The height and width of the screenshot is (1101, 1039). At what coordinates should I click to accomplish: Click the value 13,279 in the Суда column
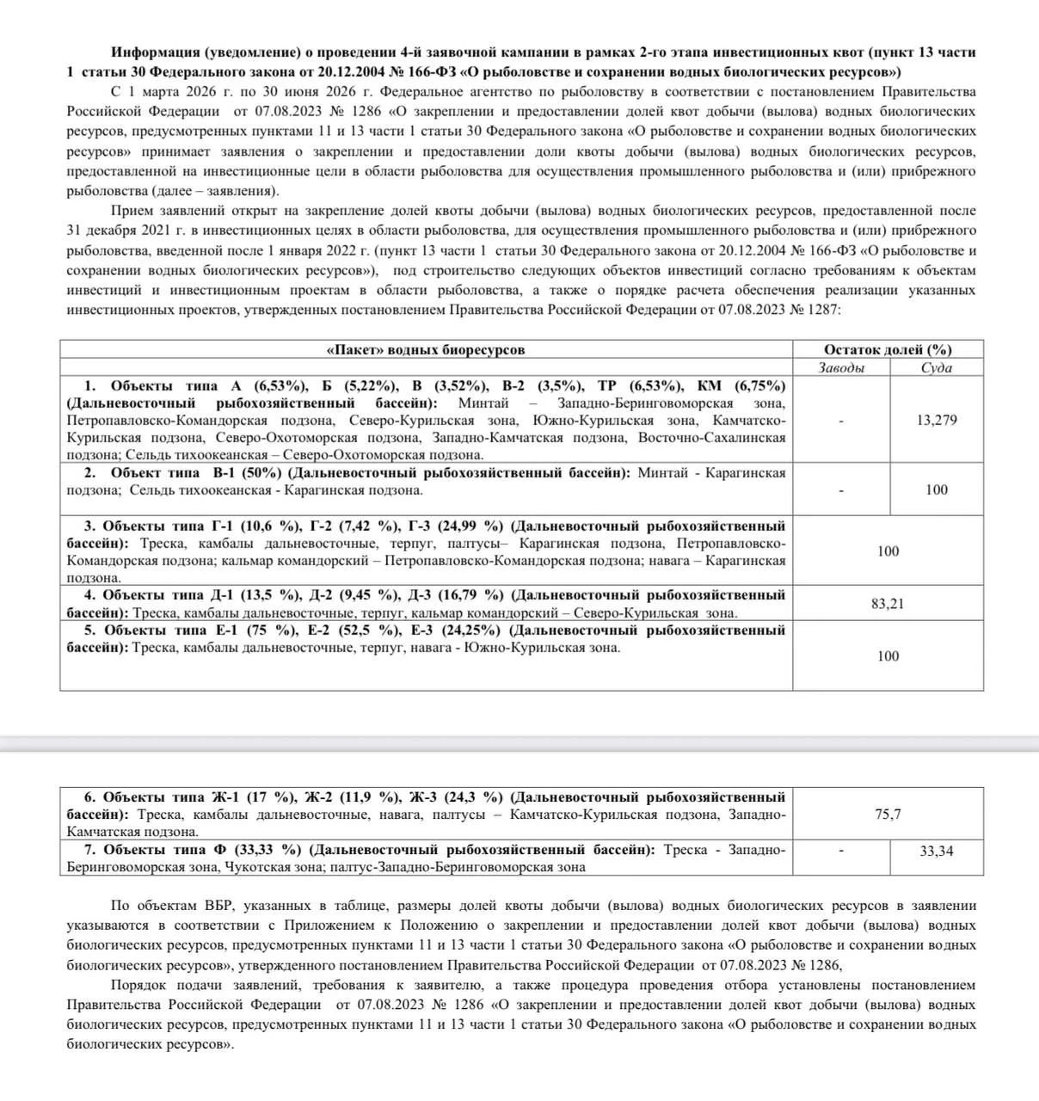pos(937,421)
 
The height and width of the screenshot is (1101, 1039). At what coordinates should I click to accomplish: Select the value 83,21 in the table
pos(888,604)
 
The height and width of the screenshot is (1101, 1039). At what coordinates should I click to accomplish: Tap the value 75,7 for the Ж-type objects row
pos(888,814)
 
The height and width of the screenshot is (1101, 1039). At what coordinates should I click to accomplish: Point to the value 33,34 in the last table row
pos(937,851)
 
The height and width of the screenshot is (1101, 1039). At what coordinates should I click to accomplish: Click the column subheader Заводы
pos(840,367)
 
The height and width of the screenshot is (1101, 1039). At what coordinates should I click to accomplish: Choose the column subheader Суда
pos(937,367)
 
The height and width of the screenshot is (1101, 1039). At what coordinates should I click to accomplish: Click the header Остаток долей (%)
pos(888,349)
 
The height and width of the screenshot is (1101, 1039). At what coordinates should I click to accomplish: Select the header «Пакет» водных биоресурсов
pos(426,349)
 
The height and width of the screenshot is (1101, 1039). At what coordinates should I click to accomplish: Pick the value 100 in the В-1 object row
pos(937,489)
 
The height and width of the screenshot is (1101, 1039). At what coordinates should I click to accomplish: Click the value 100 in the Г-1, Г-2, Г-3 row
pos(888,550)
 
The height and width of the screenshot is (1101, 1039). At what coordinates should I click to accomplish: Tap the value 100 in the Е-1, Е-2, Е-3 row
pos(888,655)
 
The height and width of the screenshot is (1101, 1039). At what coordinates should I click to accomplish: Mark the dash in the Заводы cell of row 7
pos(840,851)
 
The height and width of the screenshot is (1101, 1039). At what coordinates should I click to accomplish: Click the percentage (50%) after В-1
pos(260,473)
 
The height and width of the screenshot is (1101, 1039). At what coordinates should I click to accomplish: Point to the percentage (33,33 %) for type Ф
pos(268,850)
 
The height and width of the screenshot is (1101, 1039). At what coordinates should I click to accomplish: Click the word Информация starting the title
pos(154,52)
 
